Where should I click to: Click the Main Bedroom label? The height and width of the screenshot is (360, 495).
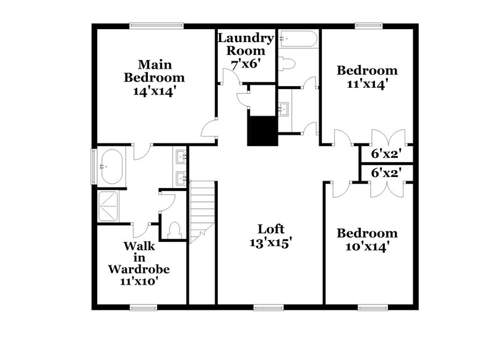[154, 71]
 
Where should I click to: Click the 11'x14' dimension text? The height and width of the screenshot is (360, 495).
[366, 85]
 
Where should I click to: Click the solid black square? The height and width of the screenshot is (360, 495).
[261, 131]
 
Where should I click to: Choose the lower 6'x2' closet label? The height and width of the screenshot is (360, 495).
[382, 174]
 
